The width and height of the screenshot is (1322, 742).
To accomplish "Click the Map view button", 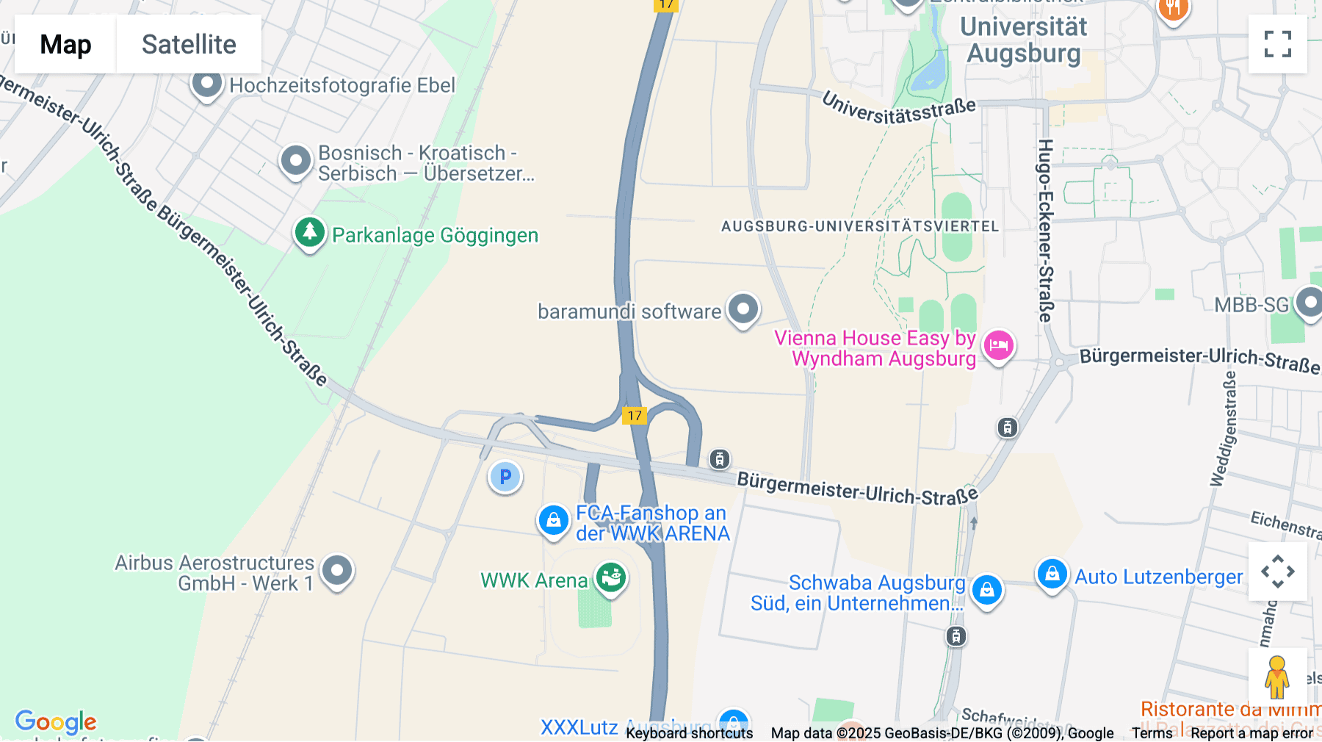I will click(65, 44).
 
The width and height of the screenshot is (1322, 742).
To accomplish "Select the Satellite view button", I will click(189, 44).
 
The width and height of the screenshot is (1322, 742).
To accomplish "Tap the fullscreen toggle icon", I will click(1277, 44).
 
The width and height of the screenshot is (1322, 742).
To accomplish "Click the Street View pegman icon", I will click(1276, 677).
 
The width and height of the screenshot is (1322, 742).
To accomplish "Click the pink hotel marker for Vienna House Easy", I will click(998, 345).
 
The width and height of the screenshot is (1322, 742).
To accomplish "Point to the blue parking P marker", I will click(505, 477).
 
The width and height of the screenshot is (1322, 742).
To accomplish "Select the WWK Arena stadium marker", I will click(610, 577).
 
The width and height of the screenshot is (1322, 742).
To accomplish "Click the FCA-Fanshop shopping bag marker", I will click(554, 520).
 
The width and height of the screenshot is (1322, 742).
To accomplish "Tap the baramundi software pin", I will click(743, 309).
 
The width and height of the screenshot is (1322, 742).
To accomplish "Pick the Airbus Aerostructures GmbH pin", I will click(337, 570).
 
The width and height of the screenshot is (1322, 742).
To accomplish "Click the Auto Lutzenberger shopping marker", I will click(1052, 574).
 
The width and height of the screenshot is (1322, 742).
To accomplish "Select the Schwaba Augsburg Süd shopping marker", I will click(986, 590).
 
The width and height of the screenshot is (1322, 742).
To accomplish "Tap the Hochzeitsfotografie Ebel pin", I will click(207, 84).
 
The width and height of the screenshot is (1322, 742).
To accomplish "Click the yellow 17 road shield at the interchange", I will click(635, 416).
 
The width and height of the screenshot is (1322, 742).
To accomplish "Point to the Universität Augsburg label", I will click(1023, 40).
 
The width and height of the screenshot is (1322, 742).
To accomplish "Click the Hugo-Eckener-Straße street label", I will click(1046, 231).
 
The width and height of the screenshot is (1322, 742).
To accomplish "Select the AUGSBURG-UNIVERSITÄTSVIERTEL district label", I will click(860, 226).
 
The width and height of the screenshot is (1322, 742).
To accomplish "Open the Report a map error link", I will click(1251, 733).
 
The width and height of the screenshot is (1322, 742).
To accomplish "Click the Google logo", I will click(56, 721).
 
